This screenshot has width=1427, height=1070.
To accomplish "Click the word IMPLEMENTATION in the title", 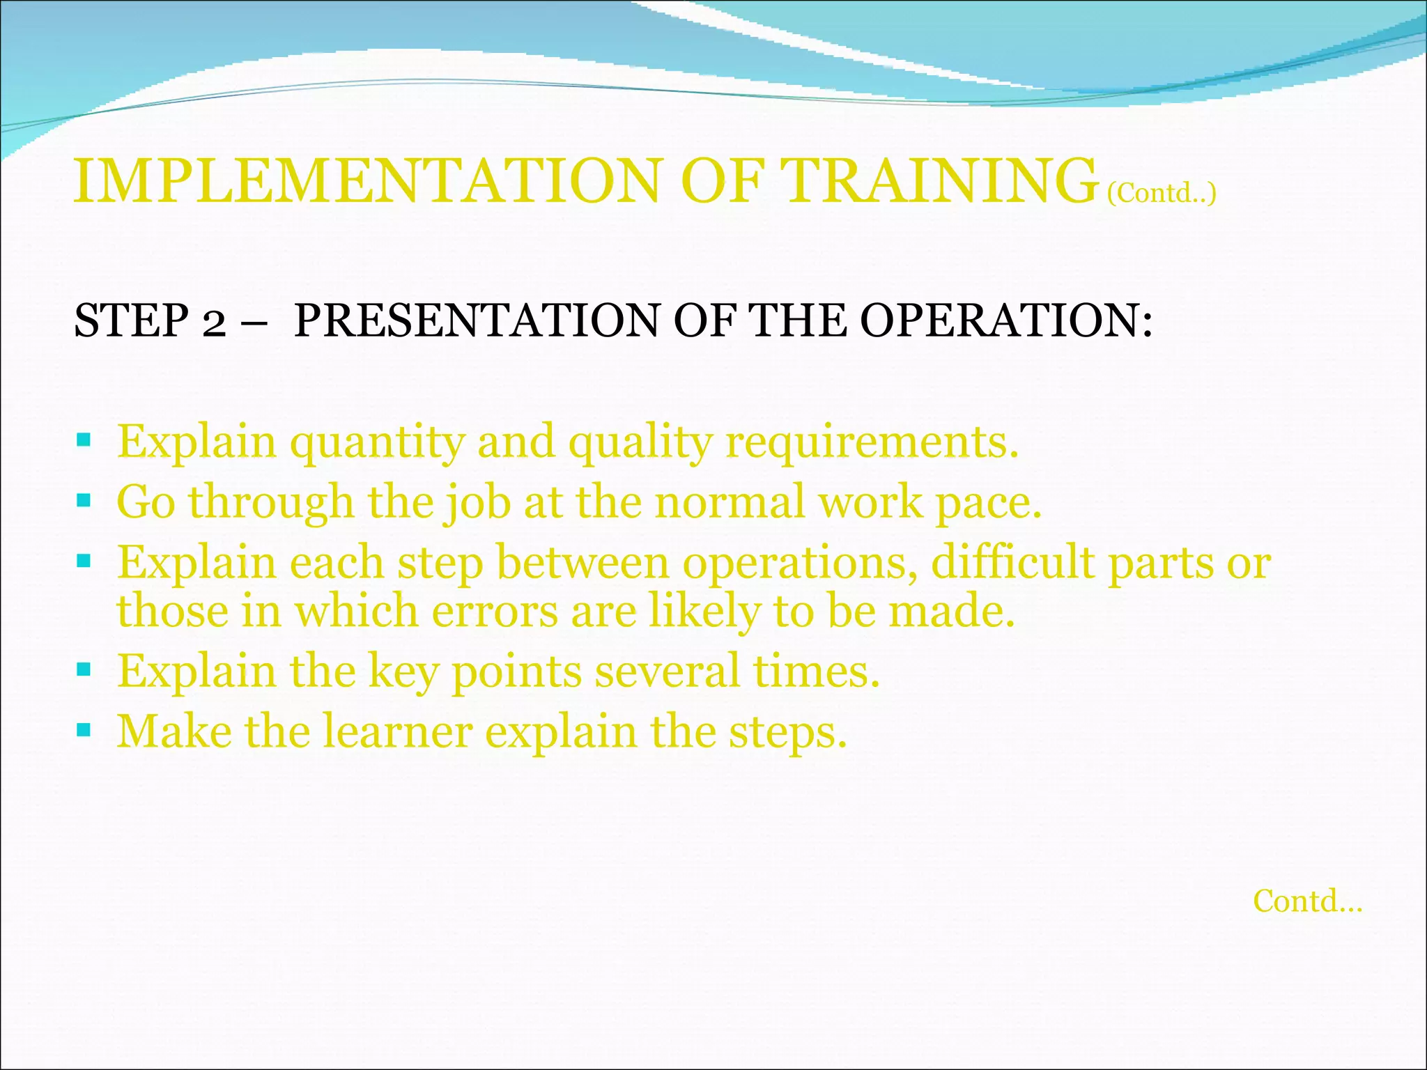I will (x=367, y=181).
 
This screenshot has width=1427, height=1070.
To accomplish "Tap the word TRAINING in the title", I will (x=938, y=181).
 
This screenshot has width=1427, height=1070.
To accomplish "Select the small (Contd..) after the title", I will (x=1162, y=193).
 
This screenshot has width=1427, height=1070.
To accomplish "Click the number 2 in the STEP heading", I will (x=215, y=322).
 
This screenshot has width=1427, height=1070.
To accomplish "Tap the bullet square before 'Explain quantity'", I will (x=84, y=440).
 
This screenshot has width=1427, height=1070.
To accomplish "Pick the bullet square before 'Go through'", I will (x=84, y=500).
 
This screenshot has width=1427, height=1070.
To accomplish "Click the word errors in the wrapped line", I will (x=495, y=612).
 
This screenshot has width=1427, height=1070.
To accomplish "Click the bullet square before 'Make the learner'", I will (x=84, y=730).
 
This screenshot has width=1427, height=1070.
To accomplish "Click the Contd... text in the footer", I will (x=1307, y=901).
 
